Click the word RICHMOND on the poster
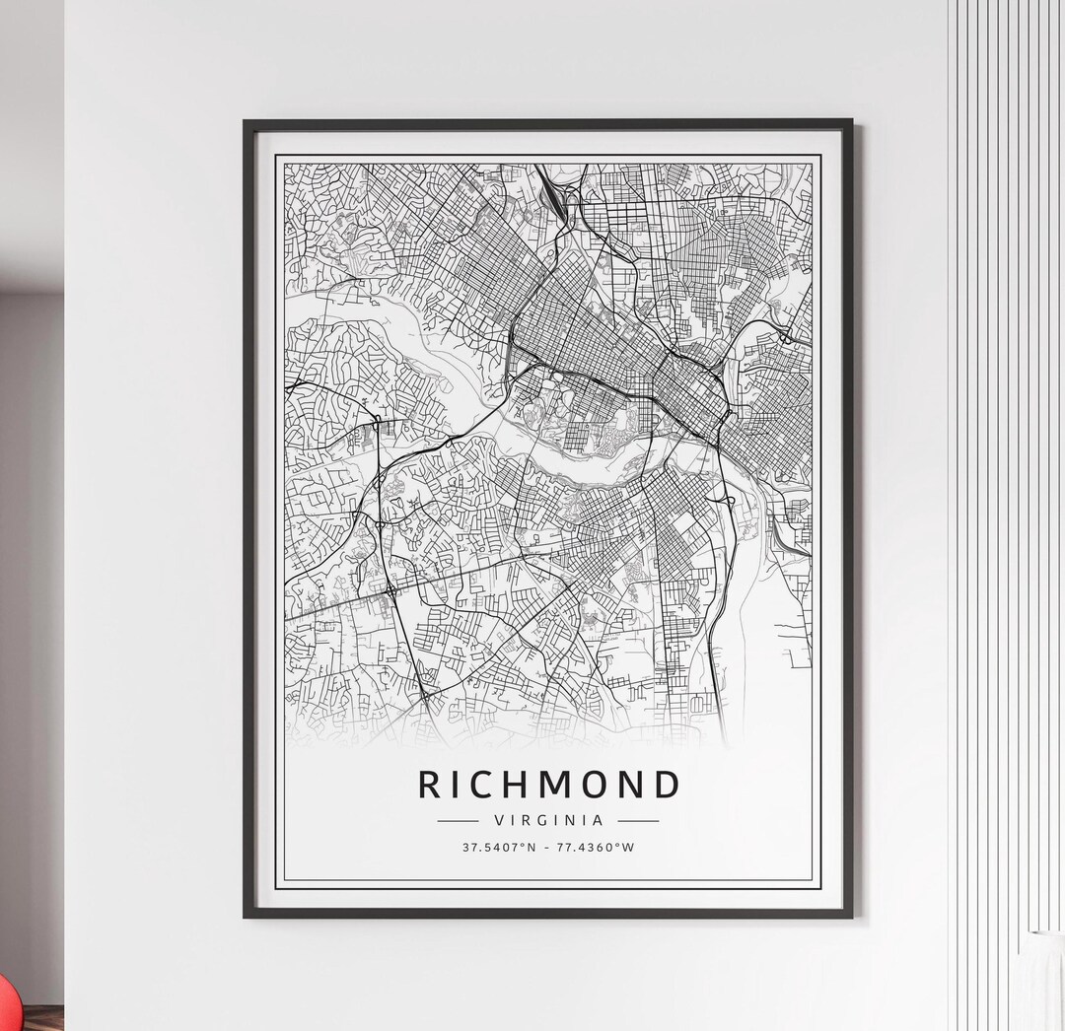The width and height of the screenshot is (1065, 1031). (x=549, y=785)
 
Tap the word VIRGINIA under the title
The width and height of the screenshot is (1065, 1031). (x=548, y=820)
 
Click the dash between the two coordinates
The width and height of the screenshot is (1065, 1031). (x=548, y=848)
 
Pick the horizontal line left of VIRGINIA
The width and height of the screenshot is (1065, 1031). (x=457, y=820)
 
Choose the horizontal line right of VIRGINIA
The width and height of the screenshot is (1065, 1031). (x=639, y=820)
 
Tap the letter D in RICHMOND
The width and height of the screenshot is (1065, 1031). (x=667, y=785)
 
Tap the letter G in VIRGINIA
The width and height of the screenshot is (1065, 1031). (x=547, y=820)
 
